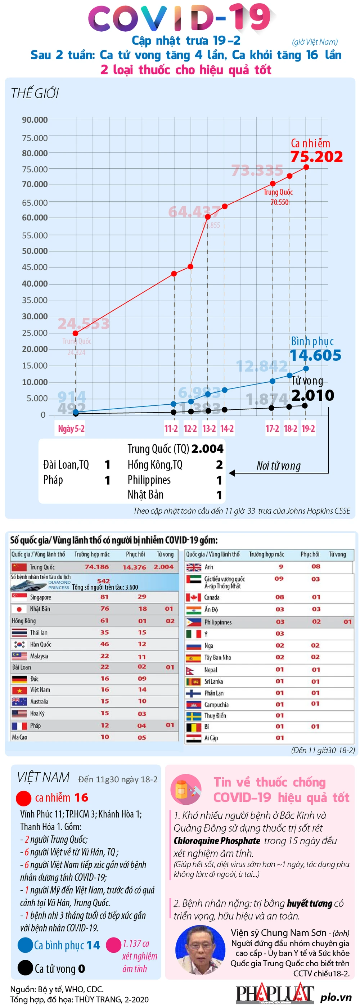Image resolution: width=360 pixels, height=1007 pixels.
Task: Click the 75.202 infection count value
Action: coord(316,157)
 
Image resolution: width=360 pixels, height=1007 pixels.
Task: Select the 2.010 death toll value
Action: coord(313,395)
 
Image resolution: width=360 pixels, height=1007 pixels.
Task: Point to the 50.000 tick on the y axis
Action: coord(35,251)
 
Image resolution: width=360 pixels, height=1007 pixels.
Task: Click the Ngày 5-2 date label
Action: coord(71,428)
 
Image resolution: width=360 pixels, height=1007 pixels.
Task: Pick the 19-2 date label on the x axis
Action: coord(308,428)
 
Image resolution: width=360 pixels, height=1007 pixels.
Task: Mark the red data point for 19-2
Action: coord(306,167)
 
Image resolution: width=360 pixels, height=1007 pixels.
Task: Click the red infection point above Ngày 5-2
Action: coord(76,333)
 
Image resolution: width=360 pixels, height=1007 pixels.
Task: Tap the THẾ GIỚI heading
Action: coord(35,94)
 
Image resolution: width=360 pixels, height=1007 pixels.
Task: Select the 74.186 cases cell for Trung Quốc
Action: coord(97,567)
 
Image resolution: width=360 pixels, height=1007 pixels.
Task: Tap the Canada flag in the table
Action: coord(193,597)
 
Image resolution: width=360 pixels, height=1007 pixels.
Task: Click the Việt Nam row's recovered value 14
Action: coord(142,689)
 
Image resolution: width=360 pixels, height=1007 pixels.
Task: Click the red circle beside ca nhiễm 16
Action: coord(23,798)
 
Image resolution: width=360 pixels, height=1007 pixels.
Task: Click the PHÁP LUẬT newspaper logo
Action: coord(275,994)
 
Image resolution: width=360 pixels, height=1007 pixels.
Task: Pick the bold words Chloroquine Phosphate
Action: coord(217,840)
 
